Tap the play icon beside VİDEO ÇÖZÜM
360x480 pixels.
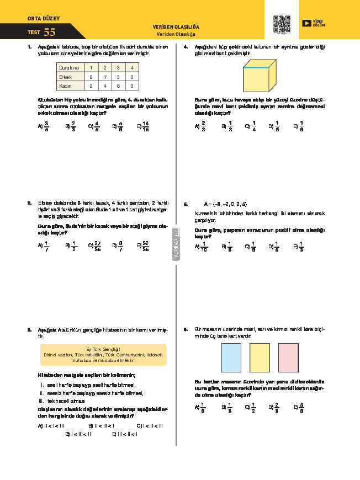pyautogui.click(x=306, y=23)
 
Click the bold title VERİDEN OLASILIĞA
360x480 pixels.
pyautogui.click(x=176, y=27)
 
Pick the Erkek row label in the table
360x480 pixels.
pyautogui.click(x=66, y=77)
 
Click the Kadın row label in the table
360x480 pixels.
pyautogui.click(x=66, y=87)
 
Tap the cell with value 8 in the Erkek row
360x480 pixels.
pyautogui.click(x=92, y=77)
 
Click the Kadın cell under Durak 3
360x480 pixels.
pyautogui.click(x=118, y=87)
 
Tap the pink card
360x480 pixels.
pyautogui.click(x=289, y=357)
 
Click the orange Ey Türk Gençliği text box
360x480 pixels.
pyautogui.click(x=104, y=354)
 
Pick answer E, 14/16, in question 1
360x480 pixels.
pyautogui.click(x=145, y=126)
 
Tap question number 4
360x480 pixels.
pyautogui.click(x=186, y=47)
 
